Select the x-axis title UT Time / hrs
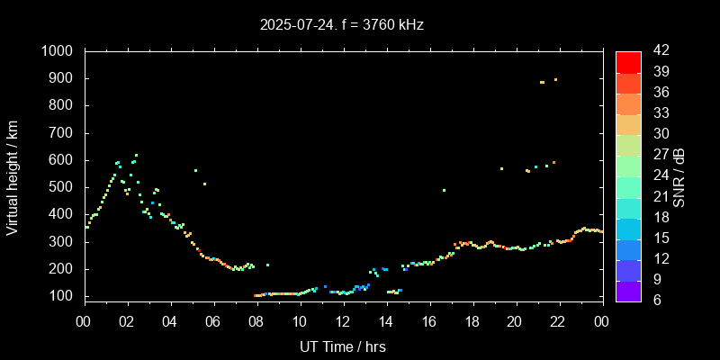(343, 346)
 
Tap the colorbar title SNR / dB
(679, 175)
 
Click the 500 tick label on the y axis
(62, 187)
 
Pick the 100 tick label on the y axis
(62, 296)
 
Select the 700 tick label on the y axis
(62, 133)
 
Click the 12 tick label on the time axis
(343, 321)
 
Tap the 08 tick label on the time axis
(256, 321)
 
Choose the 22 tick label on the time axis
(559, 321)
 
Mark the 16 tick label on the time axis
(429, 321)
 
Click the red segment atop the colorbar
(628, 61)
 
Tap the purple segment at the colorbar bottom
(628, 290)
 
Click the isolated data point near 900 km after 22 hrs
(555, 80)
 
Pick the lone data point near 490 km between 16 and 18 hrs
(444, 190)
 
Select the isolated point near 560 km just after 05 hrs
(195, 170)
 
